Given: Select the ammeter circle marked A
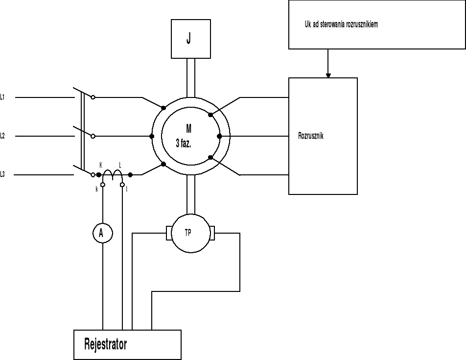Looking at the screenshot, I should tap(102, 234).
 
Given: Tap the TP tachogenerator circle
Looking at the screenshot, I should tap(190, 233).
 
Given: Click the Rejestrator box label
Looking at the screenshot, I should tap(105, 344).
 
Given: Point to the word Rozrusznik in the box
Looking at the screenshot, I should tap(311, 136).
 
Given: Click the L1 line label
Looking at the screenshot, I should tap(3, 97).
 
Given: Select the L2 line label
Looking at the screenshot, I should tap(3, 136).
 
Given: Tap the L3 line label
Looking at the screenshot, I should tap(3, 174).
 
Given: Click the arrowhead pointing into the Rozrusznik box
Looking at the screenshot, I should tap(328, 75).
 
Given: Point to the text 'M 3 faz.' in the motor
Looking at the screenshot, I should tap(186, 136).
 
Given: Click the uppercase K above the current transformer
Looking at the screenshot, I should tap(101, 166).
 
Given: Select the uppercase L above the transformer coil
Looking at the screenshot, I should tap(120, 166).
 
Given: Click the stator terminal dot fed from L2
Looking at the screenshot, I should tap(152, 136).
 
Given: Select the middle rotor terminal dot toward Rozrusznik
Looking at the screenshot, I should tap(219, 136).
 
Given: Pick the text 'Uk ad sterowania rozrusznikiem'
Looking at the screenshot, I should tap(341, 24).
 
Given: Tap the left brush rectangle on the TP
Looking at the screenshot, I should tap(169, 233).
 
